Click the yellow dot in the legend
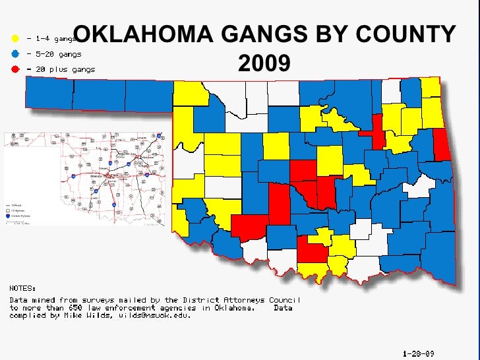tap(15, 37)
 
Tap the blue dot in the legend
tap(15, 53)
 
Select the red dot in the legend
tap(15, 69)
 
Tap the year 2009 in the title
tap(264, 63)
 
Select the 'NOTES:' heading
tap(22, 288)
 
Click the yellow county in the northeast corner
tap(431, 88)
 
